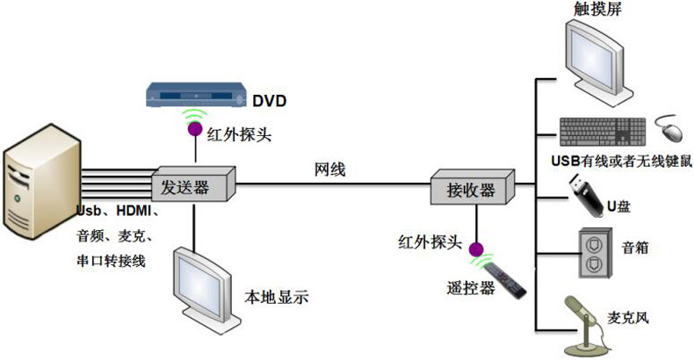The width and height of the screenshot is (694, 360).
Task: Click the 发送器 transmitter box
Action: (x=193, y=184)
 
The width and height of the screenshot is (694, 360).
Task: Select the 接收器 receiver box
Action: (x=473, y=187)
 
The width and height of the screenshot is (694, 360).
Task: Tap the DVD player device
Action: (x=196, y=94)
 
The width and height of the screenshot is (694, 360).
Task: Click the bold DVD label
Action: (x=269, y=101)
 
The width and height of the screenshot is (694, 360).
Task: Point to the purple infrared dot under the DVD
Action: (x=194, y=129)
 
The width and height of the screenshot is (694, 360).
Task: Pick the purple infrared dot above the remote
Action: (x=476, y=249)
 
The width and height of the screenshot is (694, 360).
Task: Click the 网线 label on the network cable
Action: (x=330, y=169)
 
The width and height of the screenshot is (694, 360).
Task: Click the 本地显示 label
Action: (x=276, y=297)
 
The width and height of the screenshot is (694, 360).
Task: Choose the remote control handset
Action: (x=504, y=280)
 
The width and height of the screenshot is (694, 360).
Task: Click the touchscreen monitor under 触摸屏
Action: (x=598, y=62)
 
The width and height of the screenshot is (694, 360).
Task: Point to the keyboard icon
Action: (x=603, y=132)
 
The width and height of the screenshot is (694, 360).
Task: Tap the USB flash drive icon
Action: (x=586, y=195)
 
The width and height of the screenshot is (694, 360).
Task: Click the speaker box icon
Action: (x=596, y=254)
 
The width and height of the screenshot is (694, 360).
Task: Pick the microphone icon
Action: (x=587, y=326)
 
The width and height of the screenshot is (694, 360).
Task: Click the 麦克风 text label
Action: (x=627, y=318)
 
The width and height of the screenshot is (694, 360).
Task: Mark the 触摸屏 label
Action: (x=597, y=9)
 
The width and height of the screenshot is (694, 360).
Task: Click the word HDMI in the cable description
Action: (x=134, y=211)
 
